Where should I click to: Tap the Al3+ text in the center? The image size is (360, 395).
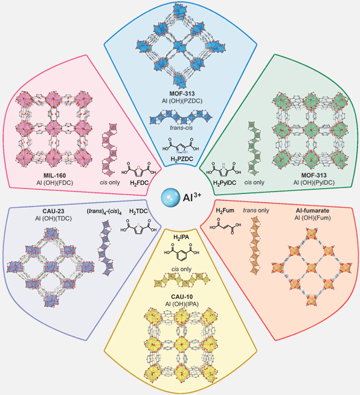pyautogui.click(x=192, y=197)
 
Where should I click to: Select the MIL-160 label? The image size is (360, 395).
pyautogui.click(x=55, y=176)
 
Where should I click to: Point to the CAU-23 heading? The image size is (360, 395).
pyautogui.click(x=53, y=211)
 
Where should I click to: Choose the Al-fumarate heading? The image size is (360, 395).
pyautogui.click(x=312, y=210)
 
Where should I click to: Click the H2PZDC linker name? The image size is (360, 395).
pyautogui.click(x=181, y=159)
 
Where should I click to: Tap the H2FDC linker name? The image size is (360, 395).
pyautogui.click(x=140, y=182)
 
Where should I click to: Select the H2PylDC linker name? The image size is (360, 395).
pyautogui.click(x=225, y=182)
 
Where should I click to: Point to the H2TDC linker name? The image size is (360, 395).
pyautogui.click(x=138, y=211)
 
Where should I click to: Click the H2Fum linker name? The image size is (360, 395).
pyautogui.click(x=225, y=210)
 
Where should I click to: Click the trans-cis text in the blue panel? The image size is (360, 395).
pyautogui.click(x=181, y=127)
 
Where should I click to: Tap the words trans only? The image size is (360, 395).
pyautogui.click(x=256, y=210)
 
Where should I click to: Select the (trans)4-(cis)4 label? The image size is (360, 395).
pyautogui.click(x=104, y=212)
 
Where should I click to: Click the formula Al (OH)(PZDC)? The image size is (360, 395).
pyautogui.click(x=182, y=101)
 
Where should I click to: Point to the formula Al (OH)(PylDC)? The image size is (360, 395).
pyautogui.click(x=314, y=182)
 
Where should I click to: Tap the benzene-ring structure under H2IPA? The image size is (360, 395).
pyautogui.click(x=181, y=252)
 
